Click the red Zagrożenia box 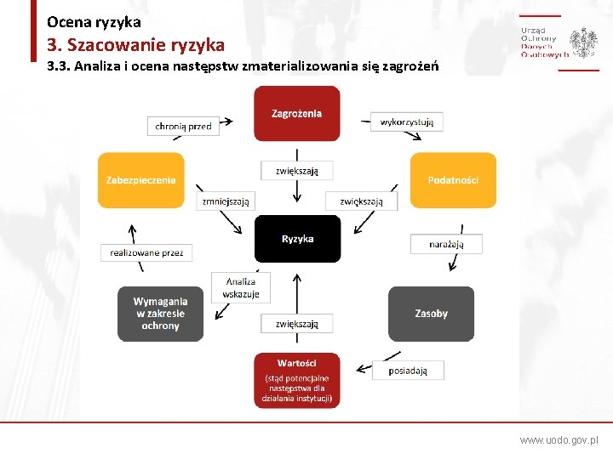(x=296, y=113)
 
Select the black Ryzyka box (x=297, y=239)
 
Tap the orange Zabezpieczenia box (x=141, y=180)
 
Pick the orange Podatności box (x=453, y=180)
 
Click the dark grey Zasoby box (x=431, y=314)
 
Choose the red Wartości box (x=296, y=380)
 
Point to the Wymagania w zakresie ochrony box (x=160, y=314)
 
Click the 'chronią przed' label (x=183, y=126)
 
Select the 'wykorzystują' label (x=407, y=122)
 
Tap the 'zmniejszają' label (x=226, y=201)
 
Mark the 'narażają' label (x=446, y=244)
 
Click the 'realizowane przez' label (x=147, y=252)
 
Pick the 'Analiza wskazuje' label (x=241, y=287)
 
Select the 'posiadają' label (x=408, y=371)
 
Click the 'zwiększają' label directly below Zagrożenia (x=297, y=171)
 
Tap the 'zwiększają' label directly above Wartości (x=297, y=324)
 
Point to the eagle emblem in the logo (x=583, y=42)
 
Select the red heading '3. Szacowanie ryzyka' (x=136, y=44)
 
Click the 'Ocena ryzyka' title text (x=94, y=22)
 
